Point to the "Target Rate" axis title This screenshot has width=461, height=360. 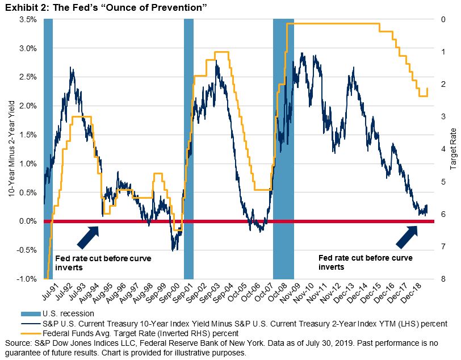453,149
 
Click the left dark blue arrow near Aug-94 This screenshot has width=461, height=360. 87,236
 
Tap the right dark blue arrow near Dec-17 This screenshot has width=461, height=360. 407,236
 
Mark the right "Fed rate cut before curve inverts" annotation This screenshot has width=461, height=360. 365,262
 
